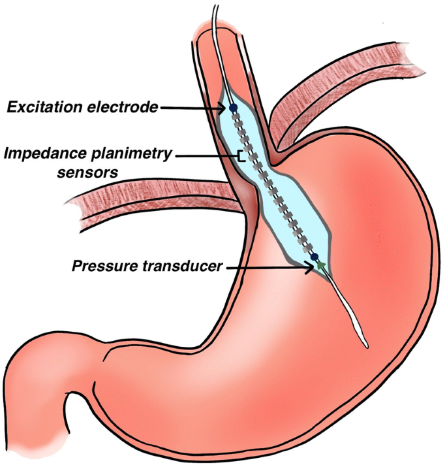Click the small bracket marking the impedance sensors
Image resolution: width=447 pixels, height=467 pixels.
(241, 157)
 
